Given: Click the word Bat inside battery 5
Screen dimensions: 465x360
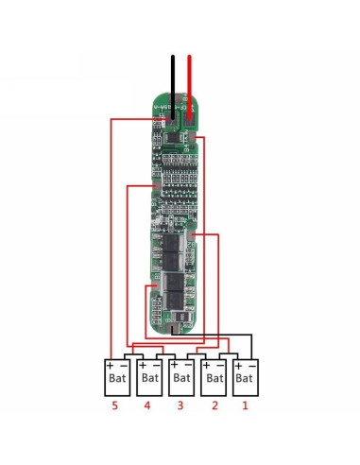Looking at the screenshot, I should coord(117,378).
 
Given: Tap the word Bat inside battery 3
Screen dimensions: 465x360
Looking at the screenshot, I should coord(180,378).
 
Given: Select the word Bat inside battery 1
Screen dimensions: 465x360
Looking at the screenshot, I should coord(244,378).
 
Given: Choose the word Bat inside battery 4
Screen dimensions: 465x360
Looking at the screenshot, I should coord(149,378).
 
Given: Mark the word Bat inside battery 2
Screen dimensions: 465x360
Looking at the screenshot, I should coord(213,378).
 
